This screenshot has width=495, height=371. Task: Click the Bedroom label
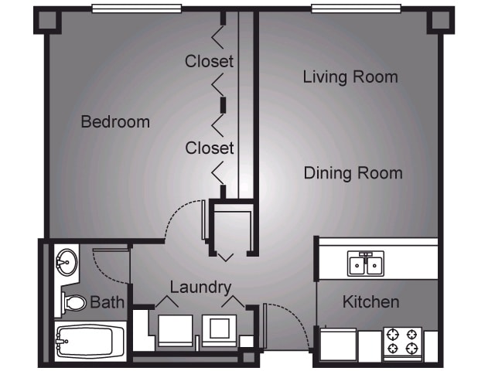pos(115,122)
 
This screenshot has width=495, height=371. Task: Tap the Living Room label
pos(350,77)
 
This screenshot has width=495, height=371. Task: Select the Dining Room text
pos(353,172)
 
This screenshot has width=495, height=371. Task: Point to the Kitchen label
pos(370,301)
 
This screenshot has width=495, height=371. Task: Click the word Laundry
pos(200,288)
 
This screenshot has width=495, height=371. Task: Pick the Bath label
pos(107,302)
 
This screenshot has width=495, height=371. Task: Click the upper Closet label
pos(209,61)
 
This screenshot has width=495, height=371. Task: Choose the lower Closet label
pos(209,147)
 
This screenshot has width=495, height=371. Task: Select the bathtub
pos(90,341)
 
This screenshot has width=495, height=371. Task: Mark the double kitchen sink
pos(366,264)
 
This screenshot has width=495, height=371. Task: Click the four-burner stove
pos(403,342)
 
